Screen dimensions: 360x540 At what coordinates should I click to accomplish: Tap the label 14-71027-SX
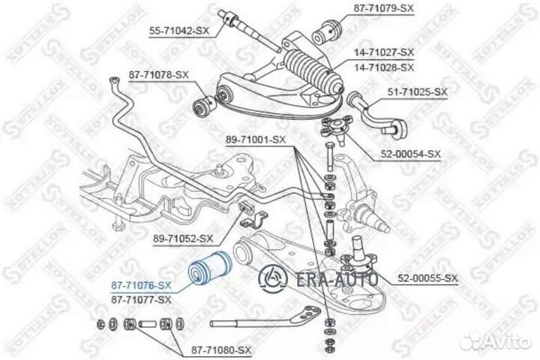[x=383, y=52]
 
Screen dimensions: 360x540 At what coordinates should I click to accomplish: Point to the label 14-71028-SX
[x=383, y=67]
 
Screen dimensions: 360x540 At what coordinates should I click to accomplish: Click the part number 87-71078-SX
[x=159, y=76]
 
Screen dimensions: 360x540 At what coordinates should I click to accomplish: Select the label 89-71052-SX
[x=184, y=238]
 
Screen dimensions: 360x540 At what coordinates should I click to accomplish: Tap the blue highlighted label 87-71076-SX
[x=142, y=285]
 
